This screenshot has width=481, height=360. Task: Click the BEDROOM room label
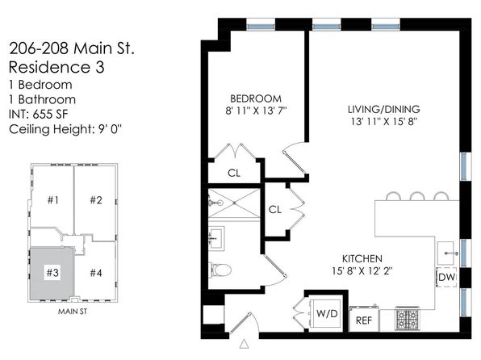pos(256,98)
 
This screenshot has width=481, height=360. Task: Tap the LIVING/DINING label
pos(384,109)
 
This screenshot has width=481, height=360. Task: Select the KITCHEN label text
pos(362,259)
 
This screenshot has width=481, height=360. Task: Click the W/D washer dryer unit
pos(327,313)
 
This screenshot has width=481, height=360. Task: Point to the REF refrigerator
pos(364,320)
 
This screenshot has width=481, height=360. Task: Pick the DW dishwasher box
pos(446,277)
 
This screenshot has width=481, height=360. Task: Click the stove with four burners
pos(407,319)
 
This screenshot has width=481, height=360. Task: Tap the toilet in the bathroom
pos(220,270)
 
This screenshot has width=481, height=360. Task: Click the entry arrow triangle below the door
pos(245,344)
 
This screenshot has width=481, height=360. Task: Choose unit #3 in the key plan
pos(52,273)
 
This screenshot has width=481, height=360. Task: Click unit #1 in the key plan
pos(52,200)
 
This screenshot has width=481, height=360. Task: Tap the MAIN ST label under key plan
pos(73,312)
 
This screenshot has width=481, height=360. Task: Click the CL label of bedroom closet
pos(234,173)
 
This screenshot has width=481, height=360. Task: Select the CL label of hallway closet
pos(274,210)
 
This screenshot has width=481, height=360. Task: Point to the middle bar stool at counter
pos(417,196)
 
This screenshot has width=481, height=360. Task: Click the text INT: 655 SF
pos(39,114)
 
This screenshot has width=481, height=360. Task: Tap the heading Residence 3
pos(56,67)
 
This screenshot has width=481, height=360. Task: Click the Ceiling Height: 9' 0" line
pos(65,129)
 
